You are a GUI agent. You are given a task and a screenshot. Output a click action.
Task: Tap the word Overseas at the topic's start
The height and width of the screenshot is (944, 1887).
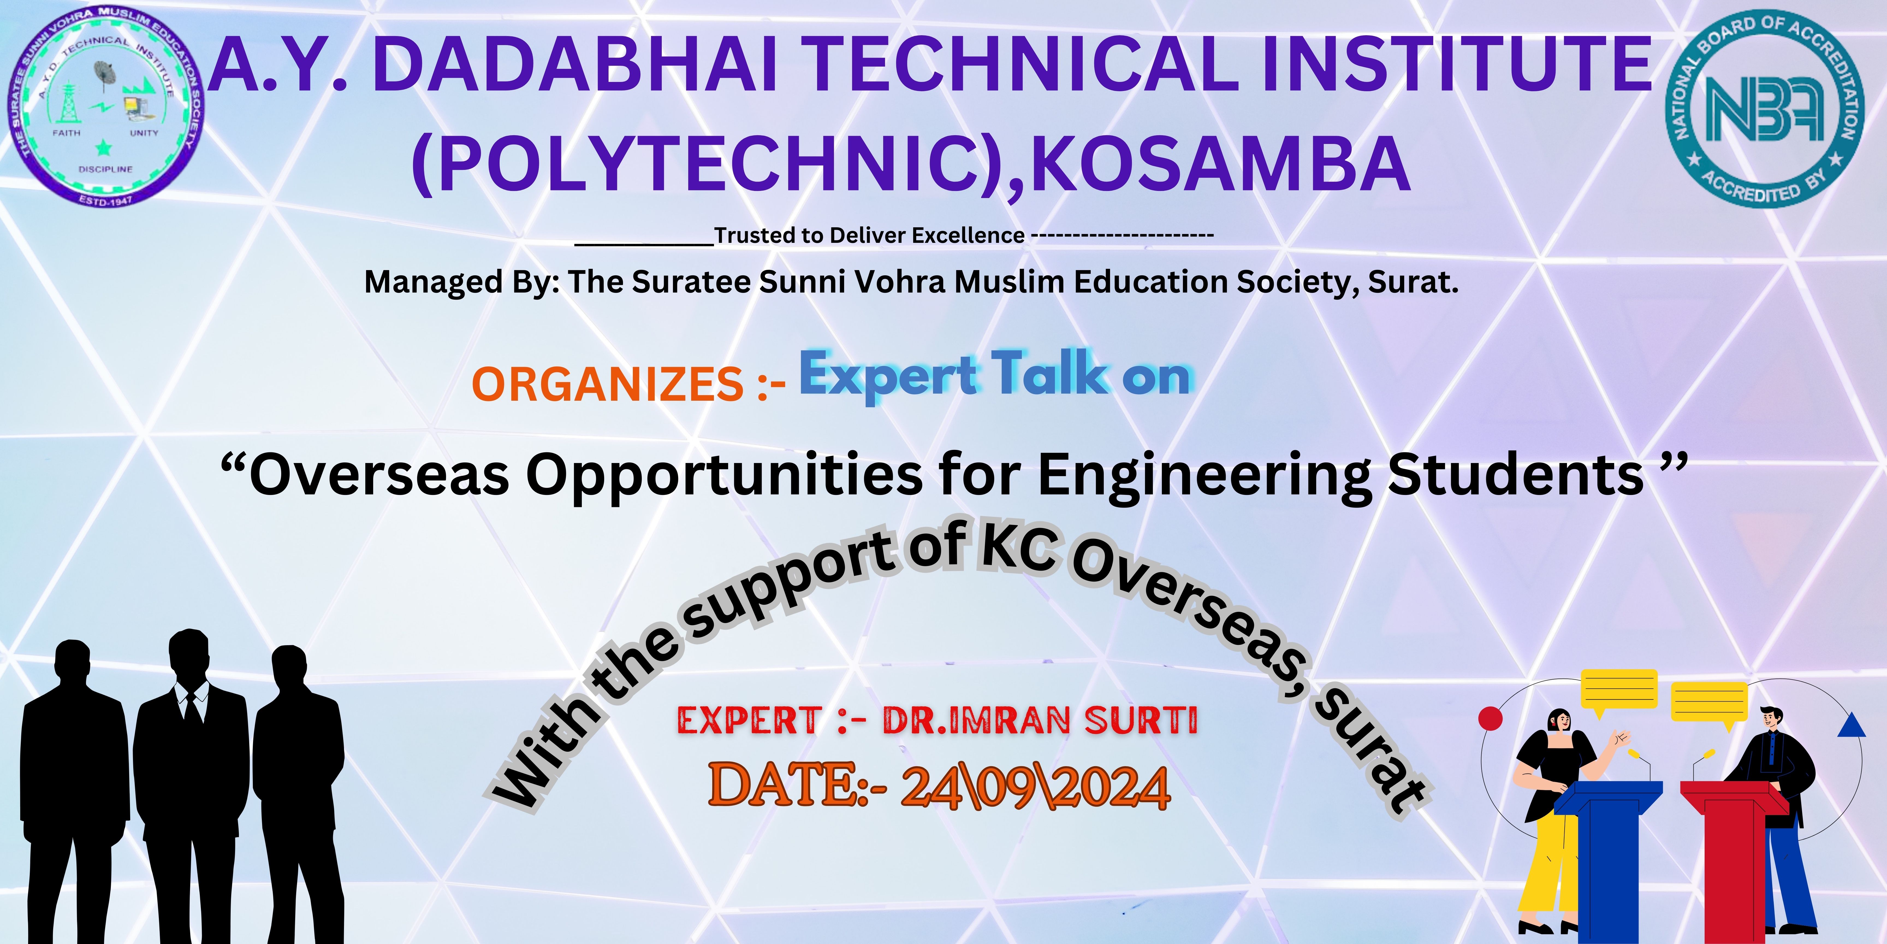point(379,475)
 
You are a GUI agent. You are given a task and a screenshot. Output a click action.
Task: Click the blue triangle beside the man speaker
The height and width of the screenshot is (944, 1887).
point(1851,725)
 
